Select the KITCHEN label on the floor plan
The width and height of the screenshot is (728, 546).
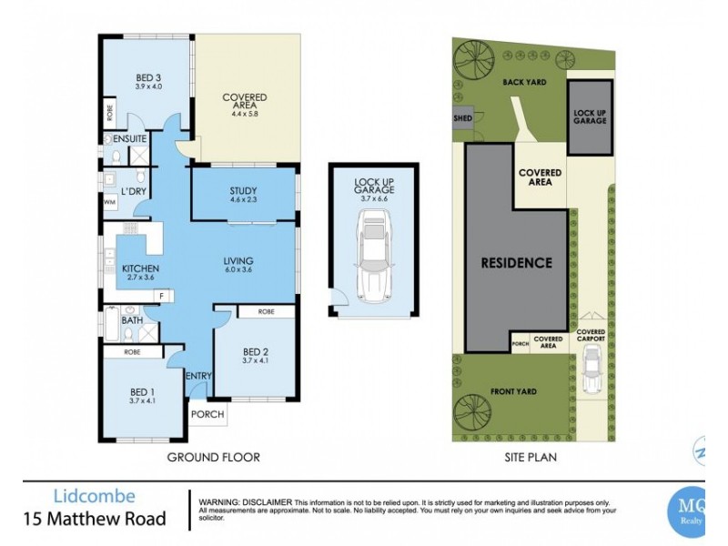pos(141,268)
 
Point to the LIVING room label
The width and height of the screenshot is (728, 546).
pos(238,264)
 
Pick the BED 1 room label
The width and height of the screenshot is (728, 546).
pos(146,394)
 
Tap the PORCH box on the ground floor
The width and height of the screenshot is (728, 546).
pos(206,415)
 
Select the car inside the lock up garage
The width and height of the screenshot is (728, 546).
pos(375,255)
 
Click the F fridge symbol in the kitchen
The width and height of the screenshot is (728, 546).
pos(161,297)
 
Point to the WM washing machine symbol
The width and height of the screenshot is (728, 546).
pos(108,201)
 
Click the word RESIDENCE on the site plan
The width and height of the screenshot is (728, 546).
pos(517,263)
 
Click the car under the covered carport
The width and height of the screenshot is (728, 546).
pos(590,370)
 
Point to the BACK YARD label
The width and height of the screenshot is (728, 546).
pos(524,81)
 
